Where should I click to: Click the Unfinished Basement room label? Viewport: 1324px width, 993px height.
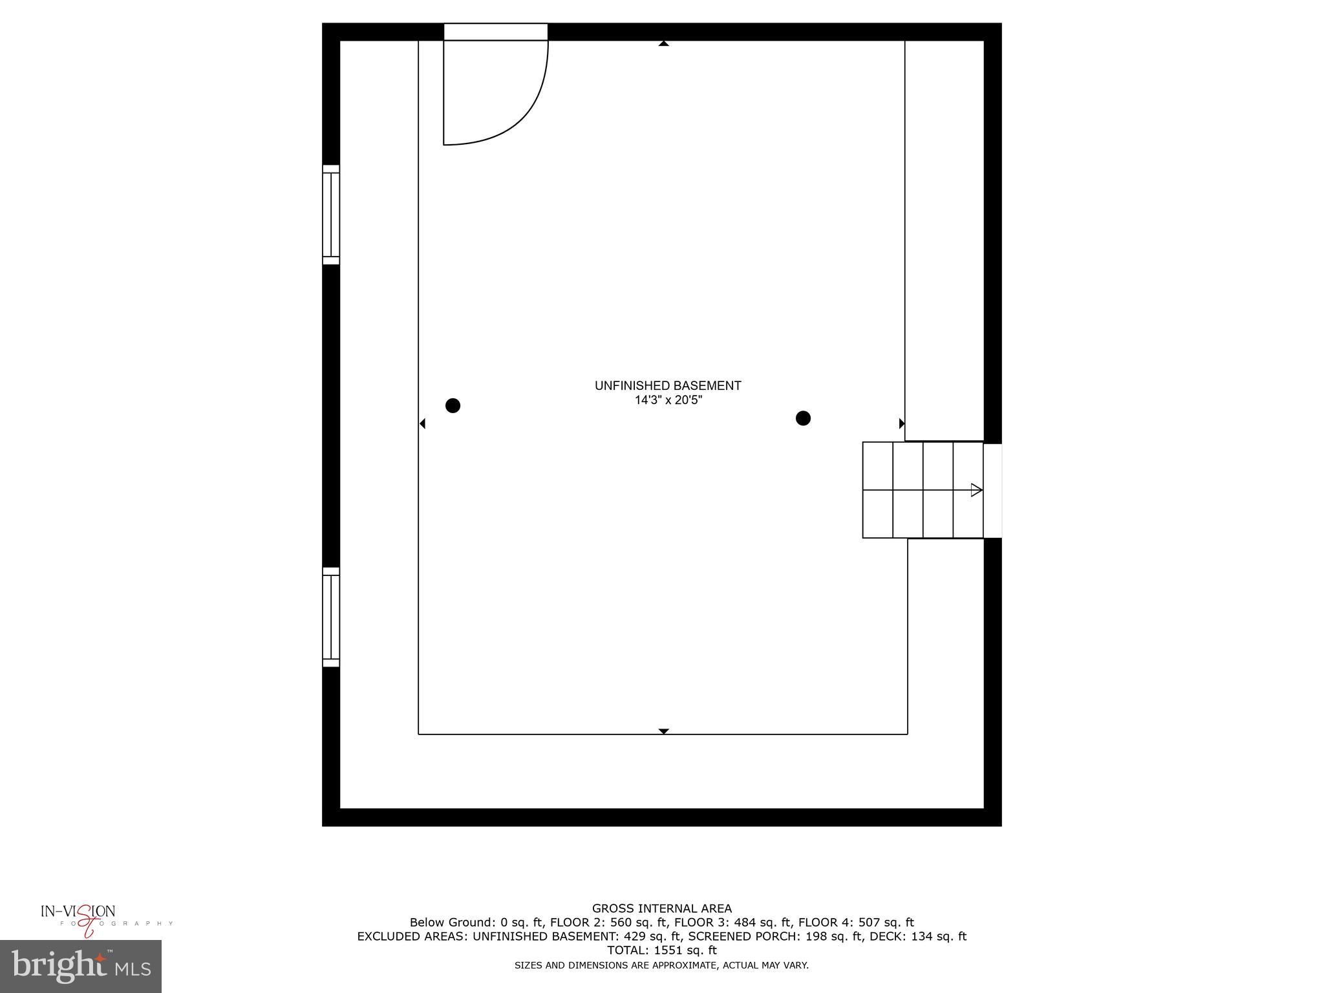point(667,385)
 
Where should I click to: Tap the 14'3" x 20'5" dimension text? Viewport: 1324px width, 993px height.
point(668,400)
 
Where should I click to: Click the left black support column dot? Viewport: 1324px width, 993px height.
point(453,405)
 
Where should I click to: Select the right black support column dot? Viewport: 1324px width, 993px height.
point(803,418)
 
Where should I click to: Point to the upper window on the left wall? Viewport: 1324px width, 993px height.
point(331,215)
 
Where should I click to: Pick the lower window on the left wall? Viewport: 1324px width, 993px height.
point(331,617)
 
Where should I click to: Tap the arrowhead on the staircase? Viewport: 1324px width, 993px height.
point(976,490)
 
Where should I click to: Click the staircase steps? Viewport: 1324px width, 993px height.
point(923,490)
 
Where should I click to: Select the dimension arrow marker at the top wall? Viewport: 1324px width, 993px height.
point(663,44)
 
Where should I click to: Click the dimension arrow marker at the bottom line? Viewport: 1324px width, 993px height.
point(663,731)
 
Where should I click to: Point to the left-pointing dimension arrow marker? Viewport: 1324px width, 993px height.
point(423,423)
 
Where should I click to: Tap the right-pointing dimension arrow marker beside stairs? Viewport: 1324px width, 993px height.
point(902,423)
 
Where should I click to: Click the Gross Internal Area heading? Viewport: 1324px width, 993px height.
point(661,908)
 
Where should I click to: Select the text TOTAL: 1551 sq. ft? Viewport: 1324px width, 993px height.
point(661,950)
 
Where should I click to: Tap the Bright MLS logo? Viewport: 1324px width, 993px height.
point(81,966)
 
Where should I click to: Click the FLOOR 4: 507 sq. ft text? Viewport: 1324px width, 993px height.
point(856,923)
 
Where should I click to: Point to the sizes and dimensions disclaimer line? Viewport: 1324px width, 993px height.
point(661,965)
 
